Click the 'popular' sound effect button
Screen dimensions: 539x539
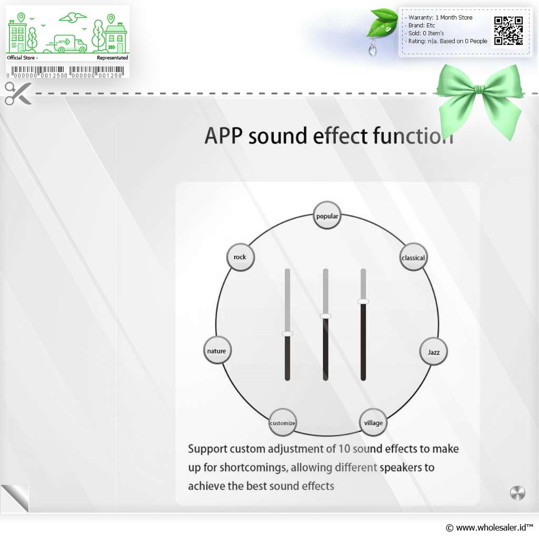[x=327, y=215]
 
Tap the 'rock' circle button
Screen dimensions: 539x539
[x=241, y=257]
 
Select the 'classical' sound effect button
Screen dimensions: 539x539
[x=413, y=257]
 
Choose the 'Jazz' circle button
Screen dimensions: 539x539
[x=434, y=352]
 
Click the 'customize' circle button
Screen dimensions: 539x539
[x=282, y=423]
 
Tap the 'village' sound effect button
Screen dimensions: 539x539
[x=373, y=423]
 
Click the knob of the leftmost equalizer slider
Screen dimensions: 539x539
[x=287, y=333]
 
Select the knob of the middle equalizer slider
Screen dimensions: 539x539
[x=325, y=316]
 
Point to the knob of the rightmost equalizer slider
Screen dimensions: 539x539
[x=363, y=301]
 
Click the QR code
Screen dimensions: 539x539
[x=508, y=31]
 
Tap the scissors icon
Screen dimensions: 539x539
[x=18, y=94]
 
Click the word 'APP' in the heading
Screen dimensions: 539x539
[x=224, y=136]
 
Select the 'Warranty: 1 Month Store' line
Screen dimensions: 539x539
[x=440, y=17]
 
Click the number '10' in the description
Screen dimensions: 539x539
[x=344, y=448]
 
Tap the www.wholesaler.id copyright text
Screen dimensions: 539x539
[x=489, y=527]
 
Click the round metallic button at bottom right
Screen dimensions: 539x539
[x=517, y=493]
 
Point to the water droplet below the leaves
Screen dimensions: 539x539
[x=372, y=49]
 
